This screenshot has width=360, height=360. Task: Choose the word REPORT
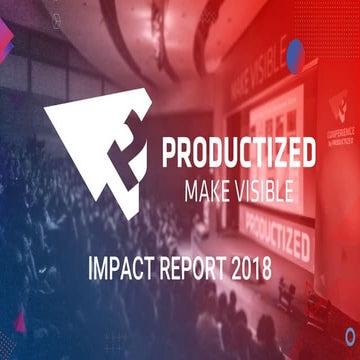tap(196, 270)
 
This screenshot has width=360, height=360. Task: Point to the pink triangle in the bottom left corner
tap(18, 322)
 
